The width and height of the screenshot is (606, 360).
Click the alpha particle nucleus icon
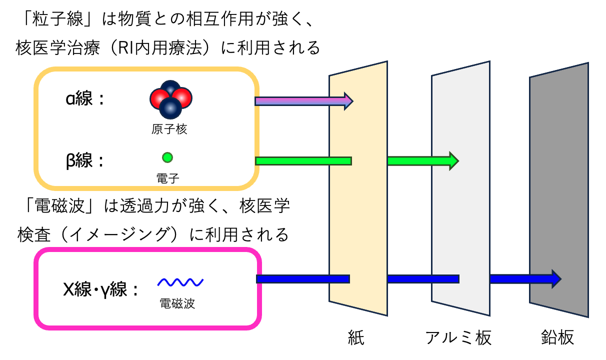coord(170,98)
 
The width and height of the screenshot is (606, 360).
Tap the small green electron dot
coord(167,158)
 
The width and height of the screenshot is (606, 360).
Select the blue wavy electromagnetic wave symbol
coord(180,283)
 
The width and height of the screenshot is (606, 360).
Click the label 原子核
coord(169,129)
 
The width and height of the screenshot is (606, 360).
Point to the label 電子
coord(167,176)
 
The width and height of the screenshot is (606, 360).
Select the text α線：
coord(84,98)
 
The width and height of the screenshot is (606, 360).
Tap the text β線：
coord(84,161)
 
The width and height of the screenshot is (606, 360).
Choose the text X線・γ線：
coord(100,289)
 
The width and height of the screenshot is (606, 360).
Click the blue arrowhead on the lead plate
coord(555,278)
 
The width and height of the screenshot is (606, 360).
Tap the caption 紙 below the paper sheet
coord(356,337)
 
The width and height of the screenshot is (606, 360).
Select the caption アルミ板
coord(458,337)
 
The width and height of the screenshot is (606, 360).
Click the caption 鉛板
coord(557,337)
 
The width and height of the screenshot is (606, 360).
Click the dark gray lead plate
coord(559,150)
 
